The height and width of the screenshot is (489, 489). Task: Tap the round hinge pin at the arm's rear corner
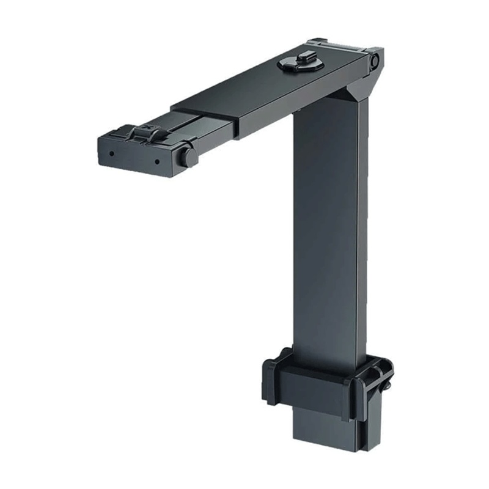pos(373,60)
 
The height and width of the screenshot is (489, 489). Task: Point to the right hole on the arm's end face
pos(156,163)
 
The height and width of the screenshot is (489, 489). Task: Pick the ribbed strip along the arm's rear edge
pos(342,46)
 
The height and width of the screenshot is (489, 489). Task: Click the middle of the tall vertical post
pos(330,232)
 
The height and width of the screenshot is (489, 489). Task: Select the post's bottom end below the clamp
pos(324,431)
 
